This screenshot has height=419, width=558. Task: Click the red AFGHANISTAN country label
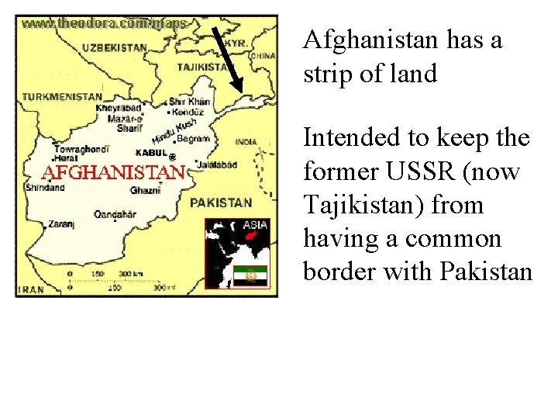pos(112,171)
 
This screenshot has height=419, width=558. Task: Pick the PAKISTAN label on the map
pos(221,203)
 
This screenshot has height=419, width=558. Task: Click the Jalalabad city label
pos(215,165)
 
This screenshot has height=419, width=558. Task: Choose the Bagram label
pos(194,140)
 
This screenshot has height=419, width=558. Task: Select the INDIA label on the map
pos(246,142)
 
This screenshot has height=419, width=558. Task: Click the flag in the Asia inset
pos(251,275)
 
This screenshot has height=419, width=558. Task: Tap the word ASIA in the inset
pos(256,225)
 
